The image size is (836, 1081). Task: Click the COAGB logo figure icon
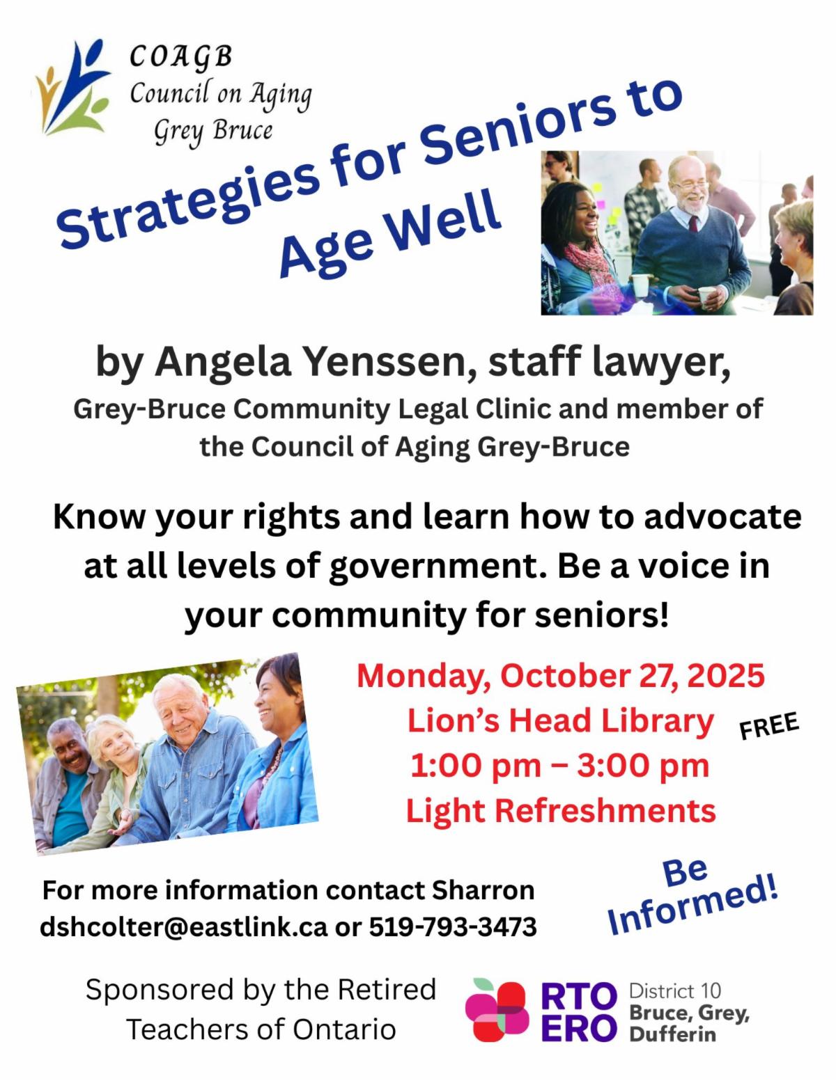(72, 88)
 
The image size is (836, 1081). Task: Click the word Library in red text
(658, 720)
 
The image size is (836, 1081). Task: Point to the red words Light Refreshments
(561, 811)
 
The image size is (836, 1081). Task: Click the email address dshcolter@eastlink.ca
(183, 927)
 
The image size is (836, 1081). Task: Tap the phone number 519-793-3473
(453, 927)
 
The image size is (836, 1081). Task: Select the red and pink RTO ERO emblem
(497, 1011)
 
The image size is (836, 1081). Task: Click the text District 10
(674, 991)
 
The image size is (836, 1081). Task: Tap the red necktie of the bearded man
(694, 223)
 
